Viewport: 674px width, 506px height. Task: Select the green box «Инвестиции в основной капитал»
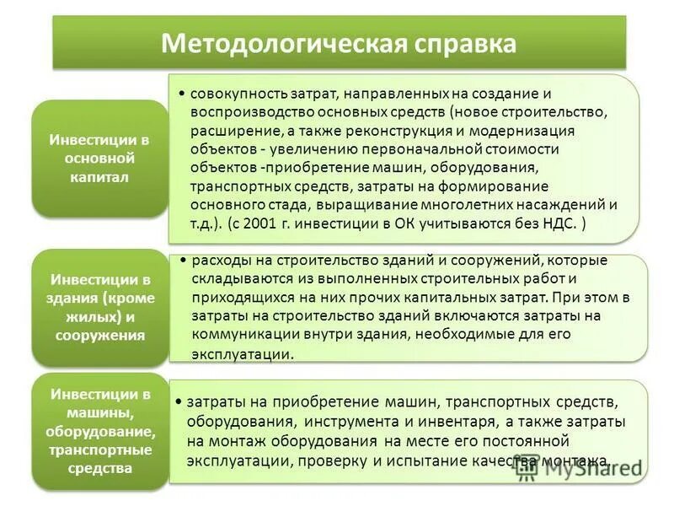[x=100, y=159]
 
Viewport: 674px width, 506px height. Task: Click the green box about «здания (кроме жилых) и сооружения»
[x=100, y=307]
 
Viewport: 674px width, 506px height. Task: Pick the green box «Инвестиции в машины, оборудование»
[x=100, y=431]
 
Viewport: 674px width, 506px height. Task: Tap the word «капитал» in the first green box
[x=100, y=178]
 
